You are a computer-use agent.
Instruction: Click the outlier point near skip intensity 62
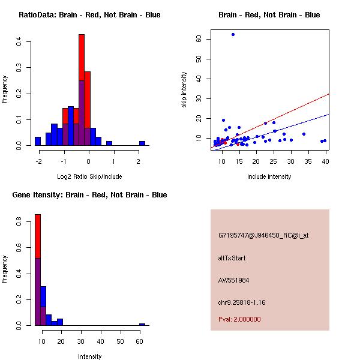pyautogui.click(x=233, y=34)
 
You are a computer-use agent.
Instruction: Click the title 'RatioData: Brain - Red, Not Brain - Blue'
pyautogui.click(x=89, y=15)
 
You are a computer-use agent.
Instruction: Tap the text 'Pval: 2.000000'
pyautogui.click(x=239, y=319)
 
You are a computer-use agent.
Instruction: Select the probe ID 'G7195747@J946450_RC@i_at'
pyautogui.click(x=263, y=236)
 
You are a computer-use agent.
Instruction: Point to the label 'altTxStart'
pyautogui.click(x=232, y=258)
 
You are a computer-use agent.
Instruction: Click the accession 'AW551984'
pyautogui.click(x=233, y=280)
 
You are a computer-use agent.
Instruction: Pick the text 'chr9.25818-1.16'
pyautogui.click(x=241, y=302)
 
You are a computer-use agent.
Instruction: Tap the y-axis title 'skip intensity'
pyautogui.click(x=184, y=90)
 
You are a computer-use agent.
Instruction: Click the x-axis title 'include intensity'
pyautogui.click(x=269, y=176)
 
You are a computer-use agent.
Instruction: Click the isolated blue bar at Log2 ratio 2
pyautogui.click(x=142, y=143)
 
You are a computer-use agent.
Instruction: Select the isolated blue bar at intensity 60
pyautogui.click(x=142, y=324)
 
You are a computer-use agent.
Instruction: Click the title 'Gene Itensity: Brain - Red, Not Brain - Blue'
pyautogui.click(x=89, y=195)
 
